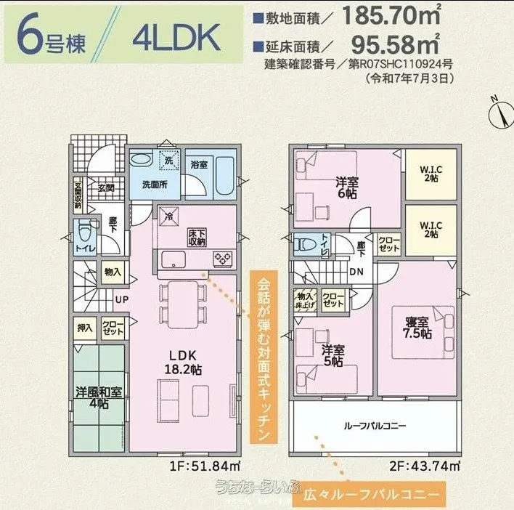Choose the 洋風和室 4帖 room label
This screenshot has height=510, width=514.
click(98, 397)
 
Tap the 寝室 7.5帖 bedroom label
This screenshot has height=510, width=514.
click(417, 326)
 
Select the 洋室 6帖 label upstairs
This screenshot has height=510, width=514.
click(345, 188)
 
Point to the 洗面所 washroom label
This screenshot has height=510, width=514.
click(155, 185)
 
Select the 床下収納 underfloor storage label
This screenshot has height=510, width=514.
click(197, 237)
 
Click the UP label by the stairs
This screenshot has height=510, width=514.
click(121, 299)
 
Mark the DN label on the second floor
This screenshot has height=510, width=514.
click(357, 271)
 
